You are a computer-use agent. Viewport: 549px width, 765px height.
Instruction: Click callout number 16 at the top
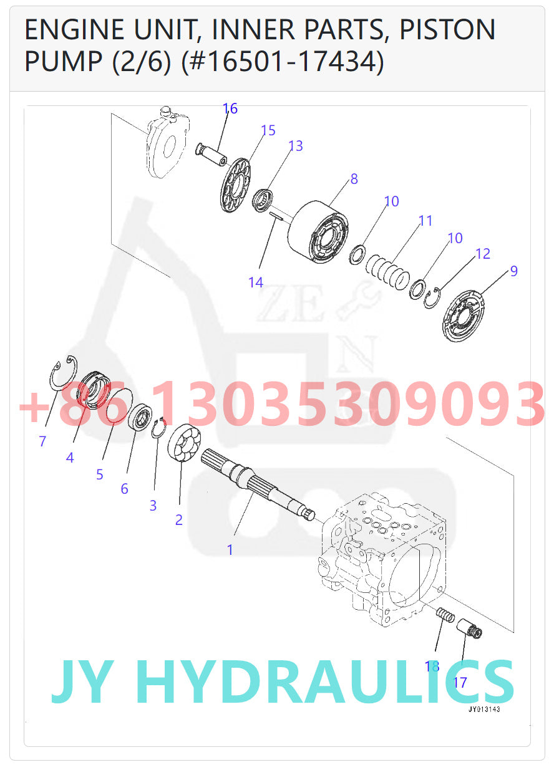230,108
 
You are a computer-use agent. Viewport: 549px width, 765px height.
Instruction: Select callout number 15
268,130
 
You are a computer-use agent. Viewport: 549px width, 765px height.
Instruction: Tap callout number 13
295,146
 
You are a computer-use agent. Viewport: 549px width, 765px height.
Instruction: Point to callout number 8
354,179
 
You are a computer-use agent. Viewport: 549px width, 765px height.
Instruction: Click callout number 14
256,282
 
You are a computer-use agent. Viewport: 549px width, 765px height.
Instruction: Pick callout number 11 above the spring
425,221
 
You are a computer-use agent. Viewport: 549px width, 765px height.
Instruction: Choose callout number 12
482,254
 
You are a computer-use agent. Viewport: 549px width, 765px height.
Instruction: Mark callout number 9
513,271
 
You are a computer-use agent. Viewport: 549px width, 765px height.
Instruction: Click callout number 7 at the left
42,441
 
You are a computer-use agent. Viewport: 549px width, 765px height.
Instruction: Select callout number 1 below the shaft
230,550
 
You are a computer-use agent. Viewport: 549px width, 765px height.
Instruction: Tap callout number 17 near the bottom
460,682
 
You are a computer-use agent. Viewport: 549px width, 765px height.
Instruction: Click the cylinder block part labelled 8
316,232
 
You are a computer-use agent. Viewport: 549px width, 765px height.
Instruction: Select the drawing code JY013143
484,710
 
